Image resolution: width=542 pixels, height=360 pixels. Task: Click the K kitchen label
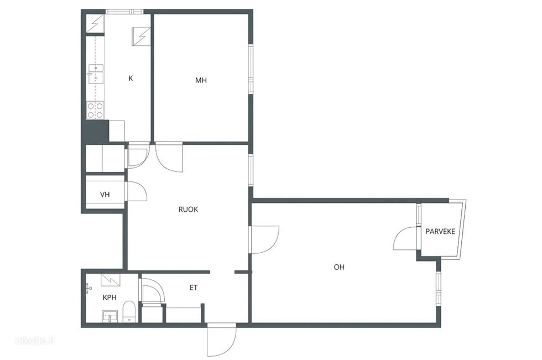coord(131,79)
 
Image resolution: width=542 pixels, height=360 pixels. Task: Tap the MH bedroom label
coord(201,81)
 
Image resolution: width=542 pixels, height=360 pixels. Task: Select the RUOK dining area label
coord(188,210)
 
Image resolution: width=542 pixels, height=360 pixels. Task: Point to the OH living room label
coord(339,267)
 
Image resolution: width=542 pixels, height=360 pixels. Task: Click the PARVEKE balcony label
coord(440,232)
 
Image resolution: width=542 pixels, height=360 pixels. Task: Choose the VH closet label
coord(105,195)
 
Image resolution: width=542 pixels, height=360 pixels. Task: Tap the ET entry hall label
coord(194,288)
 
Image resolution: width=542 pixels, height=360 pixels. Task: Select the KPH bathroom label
coord(110,298)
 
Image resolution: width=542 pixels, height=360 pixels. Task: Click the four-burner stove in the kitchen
coord(95,110)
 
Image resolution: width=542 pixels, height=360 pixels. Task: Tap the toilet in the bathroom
coord(129,311)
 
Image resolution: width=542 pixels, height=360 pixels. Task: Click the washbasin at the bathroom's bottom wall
coord(110,316)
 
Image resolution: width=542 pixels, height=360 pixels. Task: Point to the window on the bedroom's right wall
coord(251,69)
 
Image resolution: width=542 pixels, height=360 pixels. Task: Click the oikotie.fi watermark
coord(35,340)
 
